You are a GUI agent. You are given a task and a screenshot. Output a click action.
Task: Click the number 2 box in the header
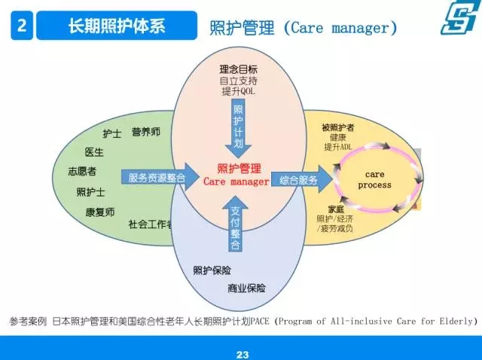(x=22, y=26)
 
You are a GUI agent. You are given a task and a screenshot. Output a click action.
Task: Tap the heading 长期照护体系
(x=117, y=26)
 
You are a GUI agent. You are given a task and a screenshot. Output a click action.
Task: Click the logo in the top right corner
(x=459, y=17)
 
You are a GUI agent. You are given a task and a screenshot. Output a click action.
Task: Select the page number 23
(x=243, y=355)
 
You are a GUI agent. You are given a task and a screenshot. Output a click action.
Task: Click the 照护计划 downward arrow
(x=238, y=128)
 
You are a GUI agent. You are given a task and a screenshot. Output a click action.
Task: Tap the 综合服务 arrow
(x=302, y=179)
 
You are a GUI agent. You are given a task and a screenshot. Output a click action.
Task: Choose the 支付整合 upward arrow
(x=235, y=224)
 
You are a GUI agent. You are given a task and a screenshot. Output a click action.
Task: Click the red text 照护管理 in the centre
(x=239, y=169)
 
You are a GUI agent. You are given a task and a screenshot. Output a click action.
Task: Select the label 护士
(x=112, y=134)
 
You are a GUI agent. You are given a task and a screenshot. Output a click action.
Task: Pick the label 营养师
(x=146, y=132)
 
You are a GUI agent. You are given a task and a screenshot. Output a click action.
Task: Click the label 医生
(x=94, y=152)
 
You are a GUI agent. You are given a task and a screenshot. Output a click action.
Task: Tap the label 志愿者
(x=82, y=171)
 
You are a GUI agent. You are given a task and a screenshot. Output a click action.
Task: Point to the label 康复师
(x=100, y=212)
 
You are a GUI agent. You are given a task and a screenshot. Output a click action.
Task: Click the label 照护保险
(x=212, y=270)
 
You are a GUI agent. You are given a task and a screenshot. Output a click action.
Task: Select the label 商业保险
(x=246, y=288)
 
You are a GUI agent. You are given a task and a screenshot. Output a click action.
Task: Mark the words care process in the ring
(x=375, y=179)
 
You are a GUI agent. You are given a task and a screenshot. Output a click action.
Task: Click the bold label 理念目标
(x=238, y=69)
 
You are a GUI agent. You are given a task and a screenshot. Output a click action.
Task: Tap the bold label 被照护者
(x=338, y=127)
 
